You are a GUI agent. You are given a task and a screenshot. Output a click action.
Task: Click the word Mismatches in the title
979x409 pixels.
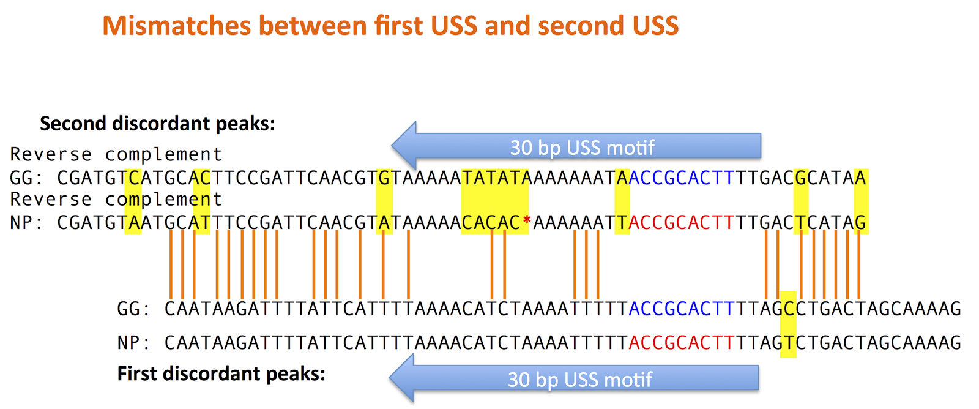click(177, 25)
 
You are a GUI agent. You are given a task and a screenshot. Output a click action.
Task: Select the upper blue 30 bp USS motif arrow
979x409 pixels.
click(576, 146)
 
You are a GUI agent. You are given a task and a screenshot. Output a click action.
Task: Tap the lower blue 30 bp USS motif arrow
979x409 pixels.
click(574, 378)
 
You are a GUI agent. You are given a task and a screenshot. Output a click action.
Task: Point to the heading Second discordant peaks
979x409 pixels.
click(158, 123)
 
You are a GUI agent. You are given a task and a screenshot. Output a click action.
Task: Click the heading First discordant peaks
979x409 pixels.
click(221, 373)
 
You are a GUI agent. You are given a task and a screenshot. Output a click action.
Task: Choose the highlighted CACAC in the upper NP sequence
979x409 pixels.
click(491, 223)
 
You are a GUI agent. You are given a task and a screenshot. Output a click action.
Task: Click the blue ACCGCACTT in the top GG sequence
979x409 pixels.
click(682, 178)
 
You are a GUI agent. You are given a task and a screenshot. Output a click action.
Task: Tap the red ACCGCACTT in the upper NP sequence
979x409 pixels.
click(682, 223)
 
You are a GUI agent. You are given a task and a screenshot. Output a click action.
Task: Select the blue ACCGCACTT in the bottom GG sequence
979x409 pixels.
click(682, 309)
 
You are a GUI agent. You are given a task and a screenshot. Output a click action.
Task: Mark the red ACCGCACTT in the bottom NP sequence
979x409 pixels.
click(682, 342)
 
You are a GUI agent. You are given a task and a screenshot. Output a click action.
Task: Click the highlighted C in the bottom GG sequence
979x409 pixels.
click(789, 309)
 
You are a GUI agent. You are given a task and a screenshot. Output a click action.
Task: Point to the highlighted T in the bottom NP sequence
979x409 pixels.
click(789, 342)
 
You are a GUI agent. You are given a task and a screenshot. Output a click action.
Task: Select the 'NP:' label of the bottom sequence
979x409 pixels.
click(134, 342)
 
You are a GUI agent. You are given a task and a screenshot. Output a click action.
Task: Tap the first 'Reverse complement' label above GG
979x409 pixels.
click(116, 154)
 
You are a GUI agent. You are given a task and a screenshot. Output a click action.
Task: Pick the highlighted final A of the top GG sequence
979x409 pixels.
click(860, 178)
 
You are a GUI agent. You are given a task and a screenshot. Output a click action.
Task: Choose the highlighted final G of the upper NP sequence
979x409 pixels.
click(860, 223)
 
